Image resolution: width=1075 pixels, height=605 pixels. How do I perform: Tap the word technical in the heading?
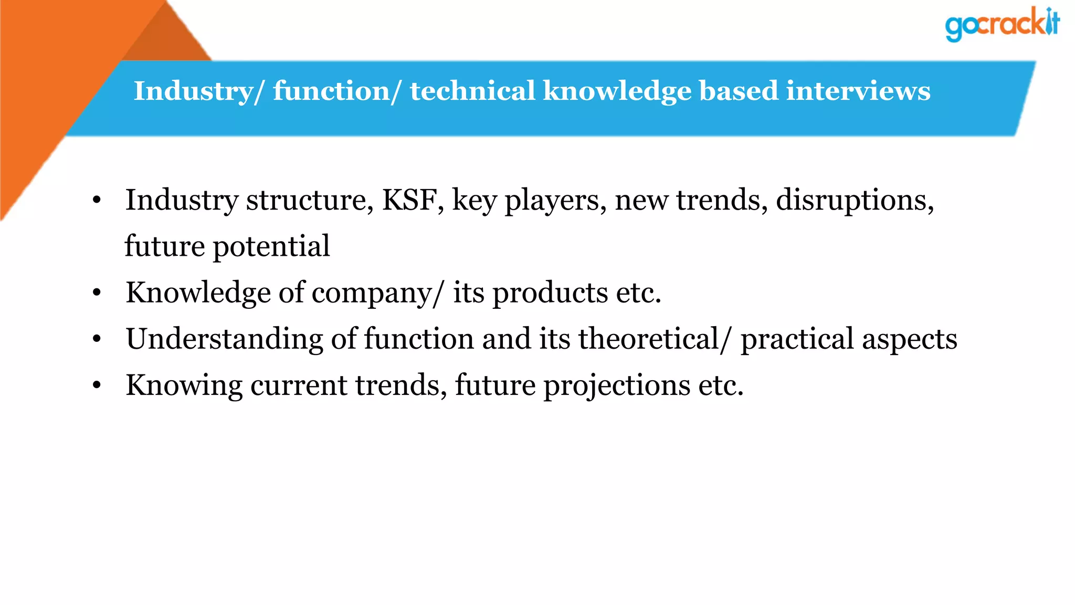(x=472, y=91)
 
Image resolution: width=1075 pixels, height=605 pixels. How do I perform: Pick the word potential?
(x=271, y=246)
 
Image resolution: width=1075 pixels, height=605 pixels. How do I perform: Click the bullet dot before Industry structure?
(x=97, y=201)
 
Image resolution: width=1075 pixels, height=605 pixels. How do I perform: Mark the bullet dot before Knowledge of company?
(x=97, y=293)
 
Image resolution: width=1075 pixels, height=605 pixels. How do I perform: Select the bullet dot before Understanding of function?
(x=97, y=339)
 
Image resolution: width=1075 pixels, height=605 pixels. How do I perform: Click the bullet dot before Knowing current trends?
(x=97, y=385)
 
